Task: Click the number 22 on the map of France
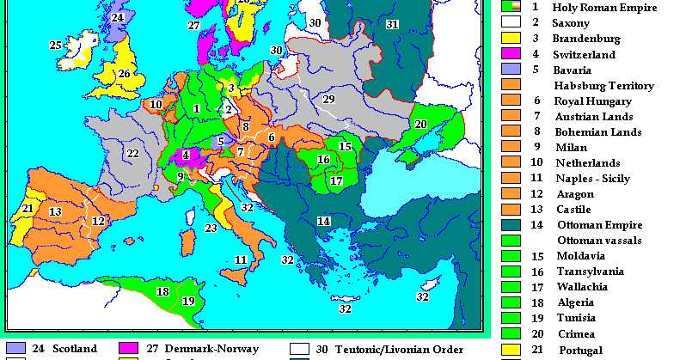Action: tap(132, 154)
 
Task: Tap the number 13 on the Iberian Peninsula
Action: tap(55, 211)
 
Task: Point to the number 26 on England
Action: tap(124, 74)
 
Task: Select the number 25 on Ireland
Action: tap(55, 45)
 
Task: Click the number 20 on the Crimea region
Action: tap(420, 124)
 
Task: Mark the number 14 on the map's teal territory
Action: tap(324, 221)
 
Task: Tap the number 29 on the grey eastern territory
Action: tap(328, 100)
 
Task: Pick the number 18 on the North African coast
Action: tap(162, 291)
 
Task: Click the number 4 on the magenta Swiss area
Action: tap(185, 156)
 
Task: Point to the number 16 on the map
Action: tap(323, 160)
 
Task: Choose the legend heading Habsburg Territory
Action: tap(603, 85)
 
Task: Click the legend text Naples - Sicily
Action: tap(591, 178)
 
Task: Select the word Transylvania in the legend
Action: tap(590, 271)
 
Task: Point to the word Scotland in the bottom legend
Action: tap(75, 350)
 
